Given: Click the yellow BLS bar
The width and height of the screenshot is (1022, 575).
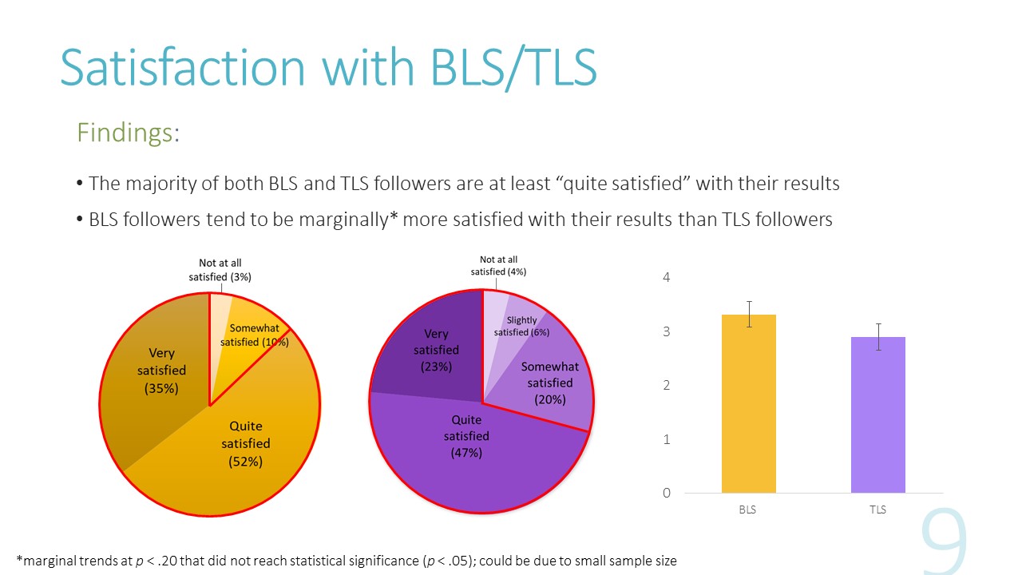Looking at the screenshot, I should tap(748, 403).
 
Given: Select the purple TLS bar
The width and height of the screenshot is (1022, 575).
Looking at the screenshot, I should tap(877, 414).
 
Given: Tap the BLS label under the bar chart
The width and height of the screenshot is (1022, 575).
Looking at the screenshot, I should tap(747, 510).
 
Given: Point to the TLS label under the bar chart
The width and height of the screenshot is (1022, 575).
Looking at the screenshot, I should tap(877, 510).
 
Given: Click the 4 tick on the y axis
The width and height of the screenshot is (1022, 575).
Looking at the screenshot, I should tap(666, 278).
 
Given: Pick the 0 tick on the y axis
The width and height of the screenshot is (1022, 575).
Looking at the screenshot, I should tap(666, 493).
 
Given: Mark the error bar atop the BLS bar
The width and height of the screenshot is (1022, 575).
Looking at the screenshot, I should tap(749, 314).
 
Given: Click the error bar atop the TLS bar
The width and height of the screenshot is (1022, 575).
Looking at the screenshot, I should tap(878, 336).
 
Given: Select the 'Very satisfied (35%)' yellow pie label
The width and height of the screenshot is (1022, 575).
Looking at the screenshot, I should tap(161, 371).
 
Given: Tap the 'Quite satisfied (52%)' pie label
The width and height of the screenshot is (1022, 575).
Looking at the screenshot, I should tap(245, 443).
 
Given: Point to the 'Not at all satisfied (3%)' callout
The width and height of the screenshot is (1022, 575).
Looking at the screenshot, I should tap(220, 270).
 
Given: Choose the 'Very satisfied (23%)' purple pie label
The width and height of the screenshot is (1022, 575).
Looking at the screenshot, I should tap(436, 350).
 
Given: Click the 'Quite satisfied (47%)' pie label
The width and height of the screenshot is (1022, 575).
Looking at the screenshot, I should tap(466, 436).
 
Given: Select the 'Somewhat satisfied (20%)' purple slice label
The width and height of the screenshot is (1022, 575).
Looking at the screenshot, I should tap(549, 383).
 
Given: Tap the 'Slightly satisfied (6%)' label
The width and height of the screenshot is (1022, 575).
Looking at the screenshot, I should tap(521, 326).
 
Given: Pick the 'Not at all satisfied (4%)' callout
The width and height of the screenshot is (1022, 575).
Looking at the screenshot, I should tap(498, 266).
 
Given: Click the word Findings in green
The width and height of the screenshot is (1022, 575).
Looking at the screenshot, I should tap(125, 133).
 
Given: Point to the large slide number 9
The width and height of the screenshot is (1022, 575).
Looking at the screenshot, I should tap(944, 543).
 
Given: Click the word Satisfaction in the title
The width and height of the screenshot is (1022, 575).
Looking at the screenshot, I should tap(183, 67).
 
